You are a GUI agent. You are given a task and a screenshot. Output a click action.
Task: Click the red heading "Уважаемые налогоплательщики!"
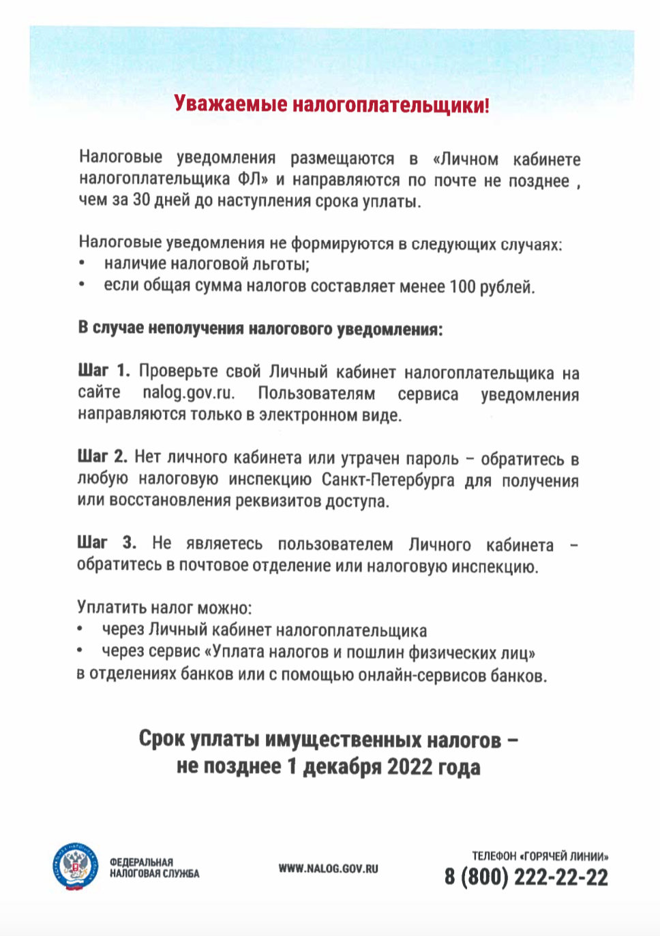(331, 104)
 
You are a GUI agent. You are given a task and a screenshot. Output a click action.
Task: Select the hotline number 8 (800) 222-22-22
(526, 877)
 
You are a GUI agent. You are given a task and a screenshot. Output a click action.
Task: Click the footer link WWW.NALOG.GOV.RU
(328, 869)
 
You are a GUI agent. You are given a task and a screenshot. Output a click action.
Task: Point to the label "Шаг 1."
(103, 371)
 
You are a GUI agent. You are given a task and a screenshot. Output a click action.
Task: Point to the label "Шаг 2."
(102, 456)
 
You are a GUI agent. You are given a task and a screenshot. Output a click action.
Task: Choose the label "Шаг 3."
(106, 543)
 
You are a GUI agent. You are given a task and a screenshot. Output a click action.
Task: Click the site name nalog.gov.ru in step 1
(189, 393)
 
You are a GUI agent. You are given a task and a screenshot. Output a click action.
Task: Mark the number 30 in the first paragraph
(141, 200)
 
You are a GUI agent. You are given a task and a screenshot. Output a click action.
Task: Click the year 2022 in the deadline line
(410, 767)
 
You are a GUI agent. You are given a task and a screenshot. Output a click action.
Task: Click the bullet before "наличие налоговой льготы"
(82, 264)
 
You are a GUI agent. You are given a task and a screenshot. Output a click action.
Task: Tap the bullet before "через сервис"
(80, 651)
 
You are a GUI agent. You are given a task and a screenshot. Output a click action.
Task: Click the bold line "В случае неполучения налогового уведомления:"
(260, 328)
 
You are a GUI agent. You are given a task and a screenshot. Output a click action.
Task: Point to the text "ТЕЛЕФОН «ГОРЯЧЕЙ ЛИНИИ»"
(540, 856)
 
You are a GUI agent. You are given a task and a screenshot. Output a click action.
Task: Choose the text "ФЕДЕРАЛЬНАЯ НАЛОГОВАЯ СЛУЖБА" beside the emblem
(154, 868)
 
